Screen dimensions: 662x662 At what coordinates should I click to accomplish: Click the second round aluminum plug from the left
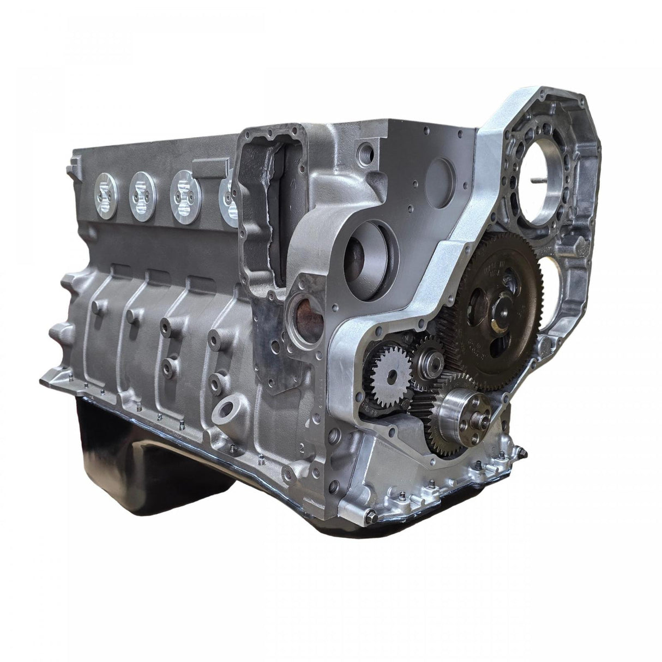click(142, 191)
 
